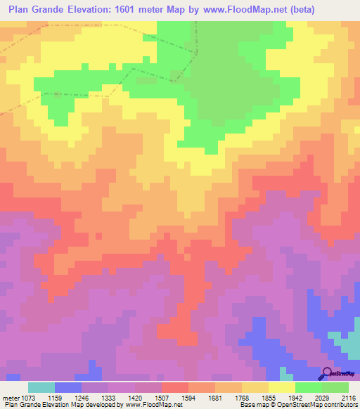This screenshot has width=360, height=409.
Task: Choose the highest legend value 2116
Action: tap(349, 397)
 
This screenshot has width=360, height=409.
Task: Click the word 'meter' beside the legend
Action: tap(12, 397)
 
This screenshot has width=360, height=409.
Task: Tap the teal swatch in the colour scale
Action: tap(41, 387)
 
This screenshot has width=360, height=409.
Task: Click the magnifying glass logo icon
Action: tap(326, 374)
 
